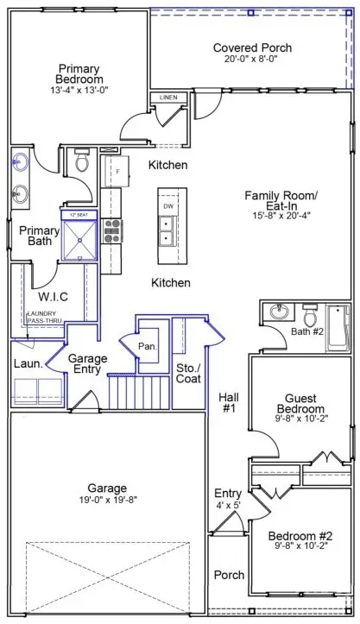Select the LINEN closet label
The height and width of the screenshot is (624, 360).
click(168, 98)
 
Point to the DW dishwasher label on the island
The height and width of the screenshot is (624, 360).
click(169, 207)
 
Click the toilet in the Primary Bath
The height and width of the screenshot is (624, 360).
click(83, 161)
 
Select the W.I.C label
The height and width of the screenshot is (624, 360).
click(53, 297)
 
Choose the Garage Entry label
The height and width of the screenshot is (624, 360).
click(86, 363)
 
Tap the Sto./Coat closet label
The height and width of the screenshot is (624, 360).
click(188, 372)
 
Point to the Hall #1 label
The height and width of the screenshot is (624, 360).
click(228, 403)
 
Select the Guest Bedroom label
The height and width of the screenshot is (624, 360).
click(300, 403)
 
